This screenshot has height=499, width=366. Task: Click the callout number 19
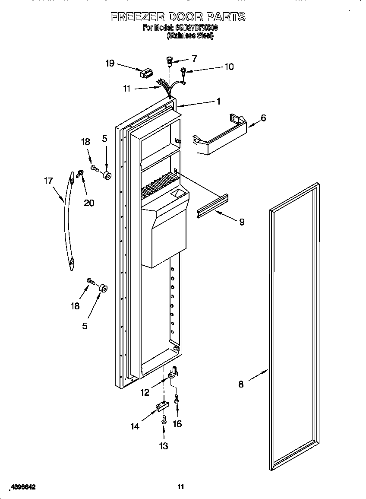(x=110, y=64)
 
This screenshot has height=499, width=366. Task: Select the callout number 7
(x=194, y=58)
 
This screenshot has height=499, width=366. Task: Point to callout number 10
(x=229, y=67)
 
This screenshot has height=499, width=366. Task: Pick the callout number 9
(x=242, y=222)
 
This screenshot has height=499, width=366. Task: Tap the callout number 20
(x=89, y=203)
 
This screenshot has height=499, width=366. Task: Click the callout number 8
(x=241, y=384)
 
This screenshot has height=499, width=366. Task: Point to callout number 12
(x=145, y=392)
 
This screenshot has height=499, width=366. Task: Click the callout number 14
(x=135, y=426)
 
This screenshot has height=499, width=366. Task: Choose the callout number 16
(x=177, y=424)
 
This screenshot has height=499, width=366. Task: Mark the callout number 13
(x=164, y=446)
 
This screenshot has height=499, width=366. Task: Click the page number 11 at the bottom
(x=181, y=487)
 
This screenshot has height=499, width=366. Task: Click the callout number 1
(x=218, y=101)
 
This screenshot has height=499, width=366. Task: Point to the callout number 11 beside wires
(x=126, y=89)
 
